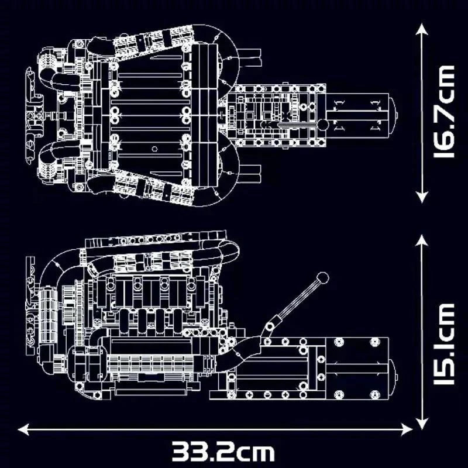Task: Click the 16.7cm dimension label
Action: [x=443, y=111]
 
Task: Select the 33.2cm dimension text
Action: [x=223, y=451]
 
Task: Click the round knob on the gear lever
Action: [x=322, y=278]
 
